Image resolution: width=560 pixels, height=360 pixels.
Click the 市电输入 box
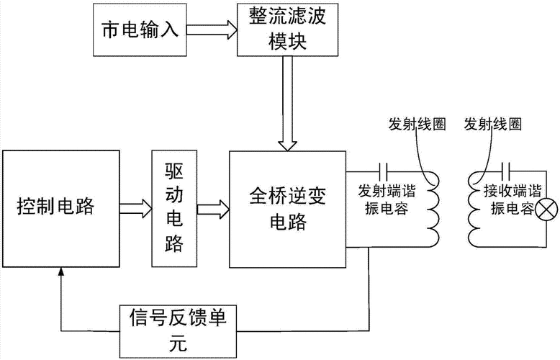click(140, 31)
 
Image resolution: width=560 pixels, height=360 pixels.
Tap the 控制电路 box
click(60, 208)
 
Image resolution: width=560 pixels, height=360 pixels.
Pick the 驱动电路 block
click(173, 208)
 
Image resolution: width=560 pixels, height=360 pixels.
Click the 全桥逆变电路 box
click(287, 208)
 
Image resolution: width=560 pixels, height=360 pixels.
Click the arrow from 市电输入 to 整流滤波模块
click(211, 31)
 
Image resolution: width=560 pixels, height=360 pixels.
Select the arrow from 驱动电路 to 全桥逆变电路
click(212, 208)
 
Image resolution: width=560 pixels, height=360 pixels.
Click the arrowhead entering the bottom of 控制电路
click(60, 271)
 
